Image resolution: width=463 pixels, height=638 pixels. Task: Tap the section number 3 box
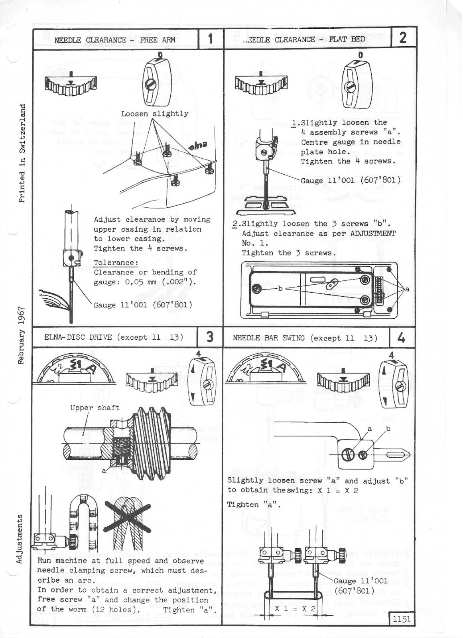pos(210,337)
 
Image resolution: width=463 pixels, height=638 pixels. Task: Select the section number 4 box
pos(402,338)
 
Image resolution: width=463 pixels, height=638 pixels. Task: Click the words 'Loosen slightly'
pos(154,114)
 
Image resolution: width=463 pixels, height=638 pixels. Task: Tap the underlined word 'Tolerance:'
pos(116,263)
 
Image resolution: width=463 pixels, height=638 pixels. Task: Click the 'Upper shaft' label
pos(95,408)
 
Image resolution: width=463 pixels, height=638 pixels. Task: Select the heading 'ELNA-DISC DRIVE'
pos(75,337)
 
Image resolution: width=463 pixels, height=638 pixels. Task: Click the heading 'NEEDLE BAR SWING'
pos(268,338)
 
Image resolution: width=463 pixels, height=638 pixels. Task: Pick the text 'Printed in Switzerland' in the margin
pos(23,153)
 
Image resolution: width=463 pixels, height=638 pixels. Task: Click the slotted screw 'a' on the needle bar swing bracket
pos(347,453)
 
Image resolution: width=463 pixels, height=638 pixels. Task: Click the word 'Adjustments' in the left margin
pos(19,539)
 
